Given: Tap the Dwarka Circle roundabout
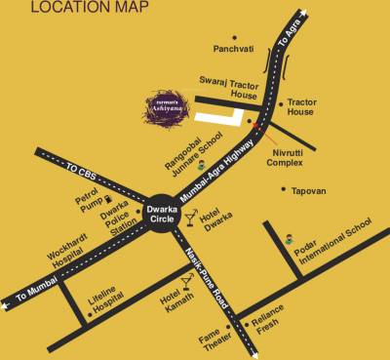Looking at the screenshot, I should [x=161, y=214].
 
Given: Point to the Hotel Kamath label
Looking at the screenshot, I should [x=172, y=299].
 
